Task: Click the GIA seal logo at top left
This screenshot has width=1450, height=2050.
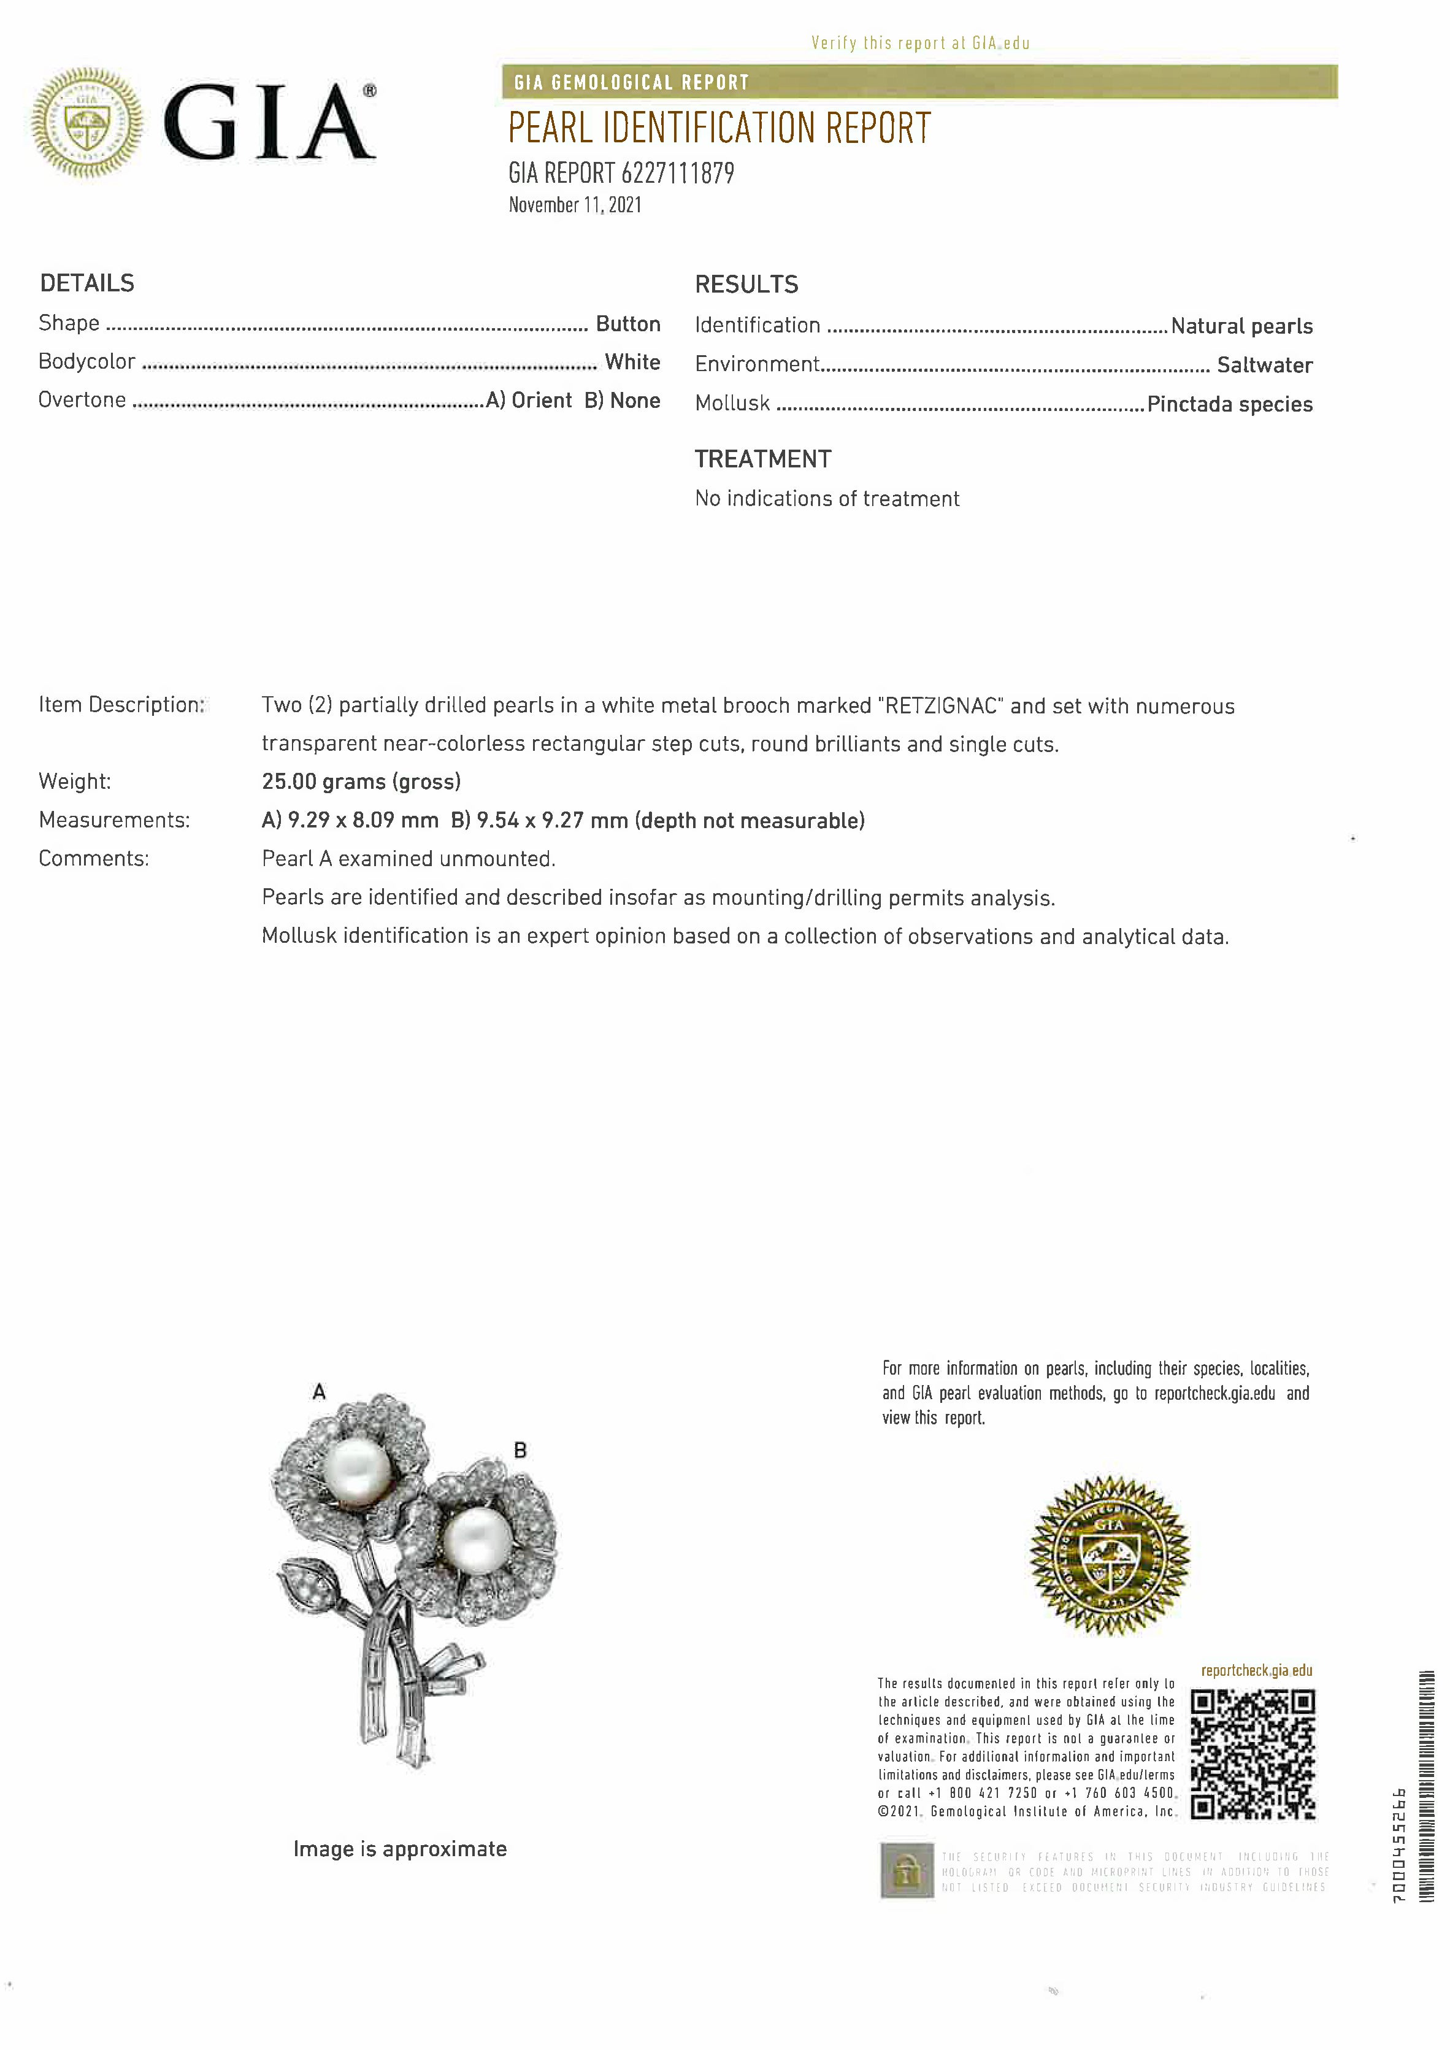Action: (x=86, y=122)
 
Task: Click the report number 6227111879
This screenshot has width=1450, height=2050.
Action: (x=677, y=173)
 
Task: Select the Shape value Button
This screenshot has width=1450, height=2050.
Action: (x=627, y=324)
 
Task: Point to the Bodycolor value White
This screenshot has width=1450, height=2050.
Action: (x=632, y=363)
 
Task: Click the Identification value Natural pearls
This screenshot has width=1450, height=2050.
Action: (x=1241, y=327)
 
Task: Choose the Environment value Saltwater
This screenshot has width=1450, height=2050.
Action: (x=1264, y=365)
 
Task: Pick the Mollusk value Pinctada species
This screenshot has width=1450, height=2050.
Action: (x=1229, y=404)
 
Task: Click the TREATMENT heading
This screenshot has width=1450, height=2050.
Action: (x=762, y=460)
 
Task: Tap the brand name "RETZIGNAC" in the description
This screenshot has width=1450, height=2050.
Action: (x=940, y=706)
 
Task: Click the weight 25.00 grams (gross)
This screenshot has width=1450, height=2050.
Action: (x=361, y=782)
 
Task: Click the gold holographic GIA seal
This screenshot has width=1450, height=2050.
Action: (x=1109, y=1556)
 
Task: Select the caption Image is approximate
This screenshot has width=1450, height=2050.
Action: (x=400, y=1849)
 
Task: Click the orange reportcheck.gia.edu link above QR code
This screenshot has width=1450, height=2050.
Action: (x=1256, y=1670)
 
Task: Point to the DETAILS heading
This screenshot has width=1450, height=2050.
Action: (x=86, y=284)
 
